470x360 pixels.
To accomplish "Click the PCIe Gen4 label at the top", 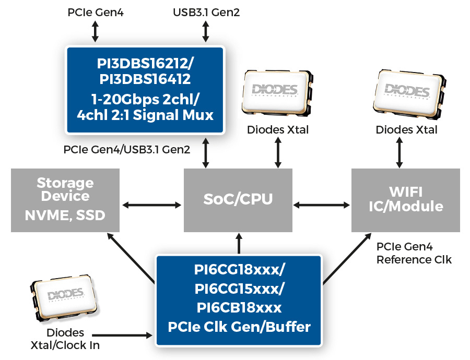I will pyautogui.click(x=96, y=12).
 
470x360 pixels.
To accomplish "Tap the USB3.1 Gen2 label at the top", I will pyautogui.click(x=206, y=12).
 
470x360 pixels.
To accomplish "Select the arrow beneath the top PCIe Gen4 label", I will pyautogui.click(x=95, y=31).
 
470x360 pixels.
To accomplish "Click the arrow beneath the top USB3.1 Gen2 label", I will pyautogui.click(x=206, y=31).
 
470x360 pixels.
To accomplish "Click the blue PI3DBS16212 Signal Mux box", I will pyautogui.click(x=145, y=89).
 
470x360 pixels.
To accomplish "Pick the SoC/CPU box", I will pyautogui.click(x=238, y=200).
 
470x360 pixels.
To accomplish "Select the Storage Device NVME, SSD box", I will pyautogui.click(x=65, y=200).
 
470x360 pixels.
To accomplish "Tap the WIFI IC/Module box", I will pyautogui.click(x=405, y=200).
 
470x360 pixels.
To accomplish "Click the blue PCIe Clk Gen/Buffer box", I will pyautogui.click(x=239, y=299).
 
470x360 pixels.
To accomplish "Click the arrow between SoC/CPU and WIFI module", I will pyautogui.click(x=321, y=204).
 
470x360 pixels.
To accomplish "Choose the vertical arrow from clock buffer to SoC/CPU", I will pyautogui.click(x=239, y=243).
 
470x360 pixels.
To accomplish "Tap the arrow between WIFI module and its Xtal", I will pyautogui.click(x=400, y=153).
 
